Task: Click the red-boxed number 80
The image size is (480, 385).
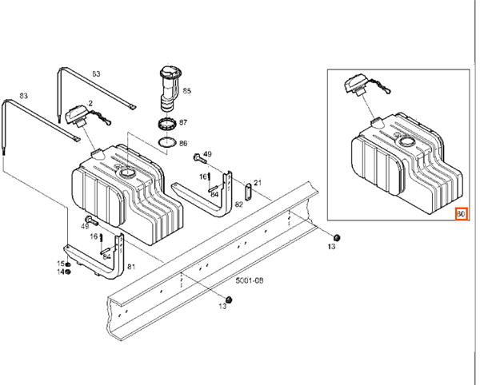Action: click(x=460, y=214)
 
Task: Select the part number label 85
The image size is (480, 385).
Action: click(x=186, y=92)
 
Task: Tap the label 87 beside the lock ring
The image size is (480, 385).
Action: click(x=183, y=123)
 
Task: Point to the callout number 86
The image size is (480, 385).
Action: click(x=183, y=144)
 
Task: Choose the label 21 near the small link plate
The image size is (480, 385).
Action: click(x=258, y=183)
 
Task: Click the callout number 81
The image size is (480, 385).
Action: click(x=131, y=267)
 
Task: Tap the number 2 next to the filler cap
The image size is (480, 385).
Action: click(x=90, y=103)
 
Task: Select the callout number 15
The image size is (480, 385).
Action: click(x=58, y=264)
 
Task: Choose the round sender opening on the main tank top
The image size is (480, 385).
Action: click(x=126, y=173)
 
